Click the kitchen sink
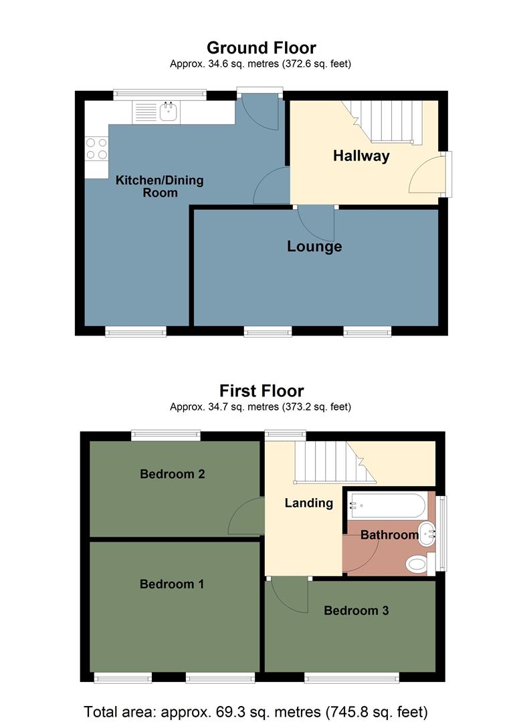(168, 112)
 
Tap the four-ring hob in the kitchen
(96, 148)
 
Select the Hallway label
(361, 156)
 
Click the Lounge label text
(314, 247)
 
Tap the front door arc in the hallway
(425, 175)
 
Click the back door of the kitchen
(262, 112)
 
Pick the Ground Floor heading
(261, 48)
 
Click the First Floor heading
(261, 390)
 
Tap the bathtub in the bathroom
(385, 505)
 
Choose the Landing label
(308, 503)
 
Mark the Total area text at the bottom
(255, 711)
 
